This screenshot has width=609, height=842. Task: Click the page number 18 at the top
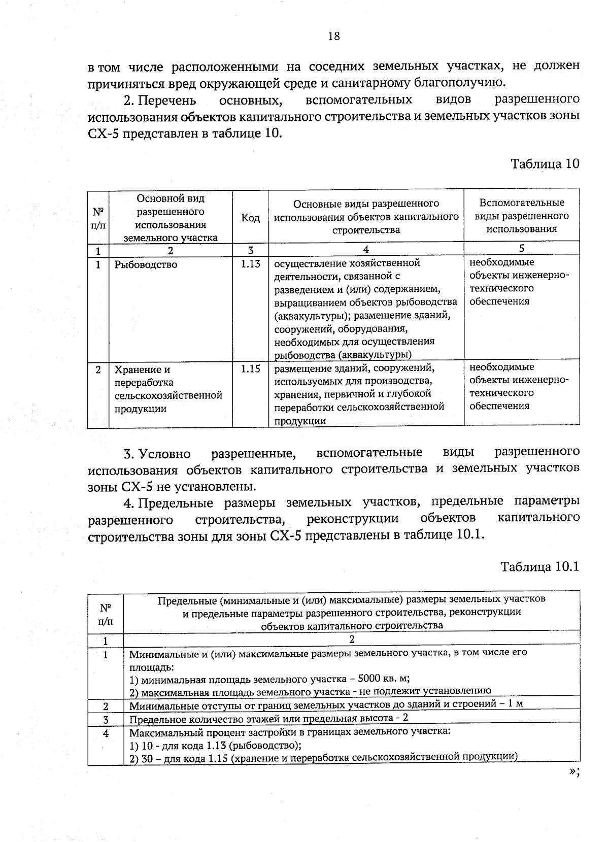(x=334, y=36)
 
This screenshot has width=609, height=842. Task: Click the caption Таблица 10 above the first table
(x=545, y=164)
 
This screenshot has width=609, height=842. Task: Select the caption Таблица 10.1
(x=539, y=566)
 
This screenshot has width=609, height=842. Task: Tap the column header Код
(x=250, y=218)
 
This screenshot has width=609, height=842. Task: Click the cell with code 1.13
(x=250, y=264)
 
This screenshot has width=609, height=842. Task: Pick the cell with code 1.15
(x=250, y=369)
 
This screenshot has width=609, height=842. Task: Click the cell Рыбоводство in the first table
(x=146, y=264)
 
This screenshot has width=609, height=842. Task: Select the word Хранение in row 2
(x=135, y=369)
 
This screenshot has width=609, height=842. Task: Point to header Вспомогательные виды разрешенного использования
(x=522, y=216)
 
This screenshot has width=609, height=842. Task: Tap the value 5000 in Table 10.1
(x=369, y=678)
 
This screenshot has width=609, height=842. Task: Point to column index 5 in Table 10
(x=521, y=248)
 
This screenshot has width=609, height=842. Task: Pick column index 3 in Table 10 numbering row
(x=250, y=250)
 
